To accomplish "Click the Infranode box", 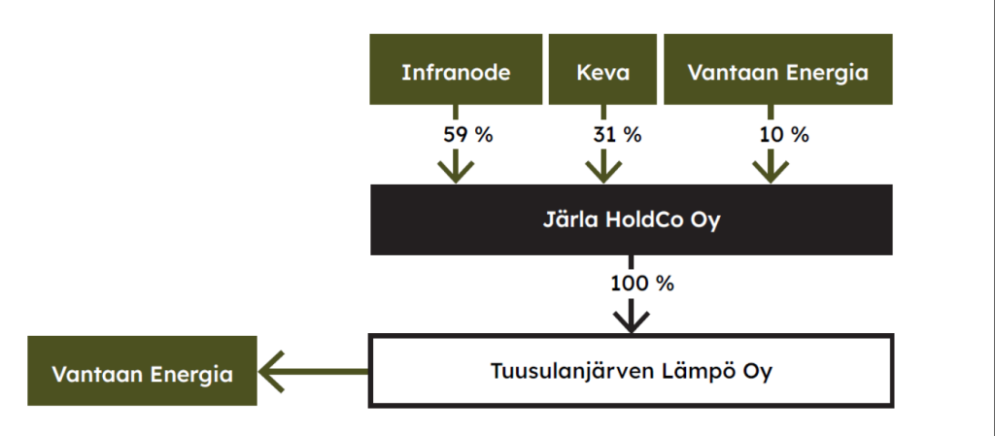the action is pyautogui.click(x=456, y=69).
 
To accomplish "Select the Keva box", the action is pyautogui.click(x=602, y=69).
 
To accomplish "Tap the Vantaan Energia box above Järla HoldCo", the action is pyautogui.click(x=778, y=69).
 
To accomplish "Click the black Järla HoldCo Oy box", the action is pyautogui.click(x=632, y=219).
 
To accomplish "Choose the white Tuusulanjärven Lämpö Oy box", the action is pyautogui.click(x=631, y=371).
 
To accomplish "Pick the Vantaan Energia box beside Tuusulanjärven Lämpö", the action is pyautogui.click(x=142, y=371).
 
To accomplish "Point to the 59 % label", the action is pyautogui.click(x=467, y=135).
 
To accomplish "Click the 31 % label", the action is pyautogui.click(x=616, y=135).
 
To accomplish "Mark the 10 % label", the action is pyautogui.click(x=784, y=135).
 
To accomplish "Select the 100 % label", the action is pyautogui.click(x=642, y=284).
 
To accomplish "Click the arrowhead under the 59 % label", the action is pyautogui.click(x=456, y=171).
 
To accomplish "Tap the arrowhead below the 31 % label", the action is pyautogui.click(x=602, y=171).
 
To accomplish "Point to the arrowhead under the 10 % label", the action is pyautogui.click(x=771, y=171).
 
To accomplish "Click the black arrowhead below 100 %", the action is pyautogui.click(x=632, y=320).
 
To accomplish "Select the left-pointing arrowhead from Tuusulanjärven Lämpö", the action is pyautogui.click(x=271, y=371).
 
